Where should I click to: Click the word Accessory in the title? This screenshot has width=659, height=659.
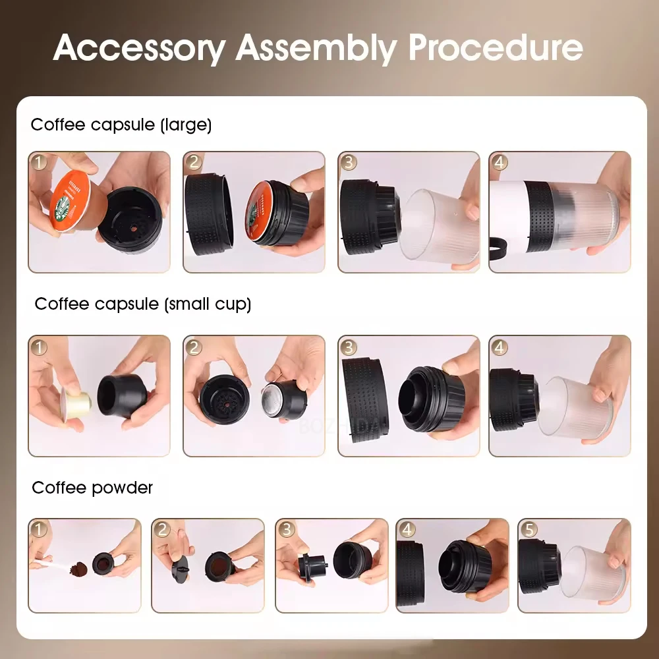pos(139,48)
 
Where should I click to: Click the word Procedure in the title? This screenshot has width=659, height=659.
pos(495,48)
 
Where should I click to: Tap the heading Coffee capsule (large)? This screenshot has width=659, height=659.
pos(121,125)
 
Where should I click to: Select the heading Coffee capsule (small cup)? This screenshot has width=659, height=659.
pos(142,304)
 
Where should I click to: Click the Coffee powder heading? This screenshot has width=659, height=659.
pos(92,488)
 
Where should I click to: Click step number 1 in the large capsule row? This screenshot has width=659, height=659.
pos(40,163)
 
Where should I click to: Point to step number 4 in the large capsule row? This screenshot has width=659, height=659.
pos(500,163)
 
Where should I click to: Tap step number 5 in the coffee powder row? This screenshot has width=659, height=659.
pos(529,529)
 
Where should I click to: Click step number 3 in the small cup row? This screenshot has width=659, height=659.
pos(349,347)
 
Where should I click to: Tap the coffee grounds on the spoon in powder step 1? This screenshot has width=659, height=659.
pos(80,567)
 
